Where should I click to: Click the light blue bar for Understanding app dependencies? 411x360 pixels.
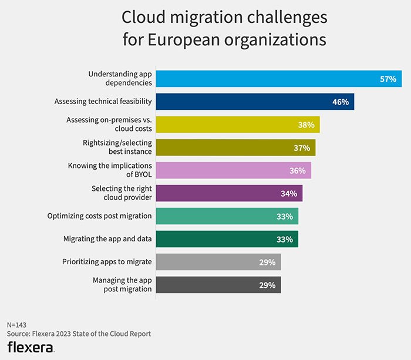279,79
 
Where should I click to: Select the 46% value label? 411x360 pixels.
341,102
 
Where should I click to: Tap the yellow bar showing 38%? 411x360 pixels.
238,125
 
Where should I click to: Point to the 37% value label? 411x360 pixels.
302,147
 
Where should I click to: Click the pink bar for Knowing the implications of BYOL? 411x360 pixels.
233,170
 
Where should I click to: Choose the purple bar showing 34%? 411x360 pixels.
229,193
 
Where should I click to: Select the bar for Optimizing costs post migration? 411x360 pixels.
227,216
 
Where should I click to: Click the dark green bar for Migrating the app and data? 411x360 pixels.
227,239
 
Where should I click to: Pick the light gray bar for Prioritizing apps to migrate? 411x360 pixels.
218,262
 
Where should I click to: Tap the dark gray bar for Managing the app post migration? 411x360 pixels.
218,285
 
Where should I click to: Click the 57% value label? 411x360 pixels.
388,79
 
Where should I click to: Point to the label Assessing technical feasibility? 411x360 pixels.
103,102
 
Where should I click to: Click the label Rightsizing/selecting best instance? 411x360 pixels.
117,147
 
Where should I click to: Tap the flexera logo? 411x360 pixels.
31,347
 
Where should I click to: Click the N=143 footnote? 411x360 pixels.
18,325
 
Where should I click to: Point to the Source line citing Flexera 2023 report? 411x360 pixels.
79,334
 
